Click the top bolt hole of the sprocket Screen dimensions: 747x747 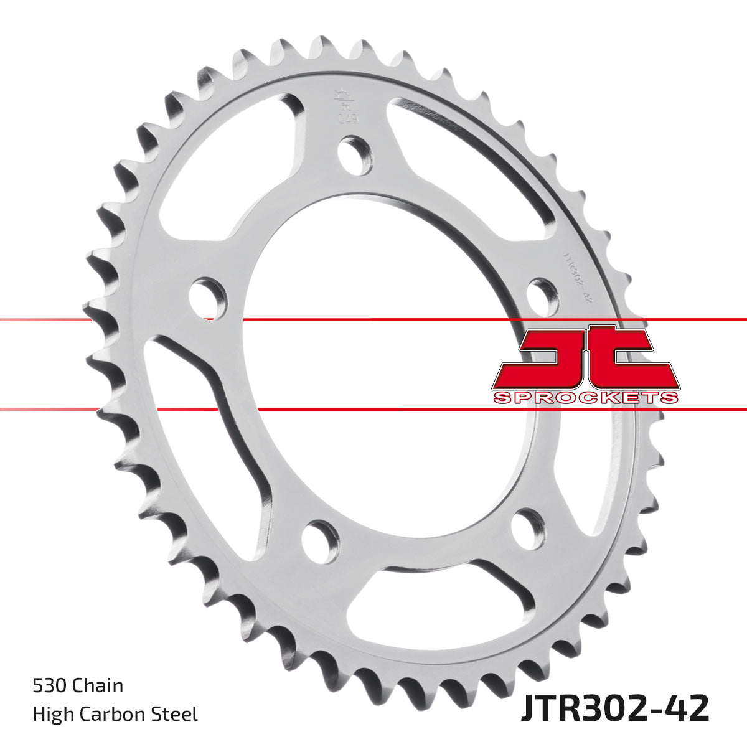(356, 156)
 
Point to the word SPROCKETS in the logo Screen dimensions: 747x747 (585, 397)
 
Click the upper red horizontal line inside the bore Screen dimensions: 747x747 (374, 320)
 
